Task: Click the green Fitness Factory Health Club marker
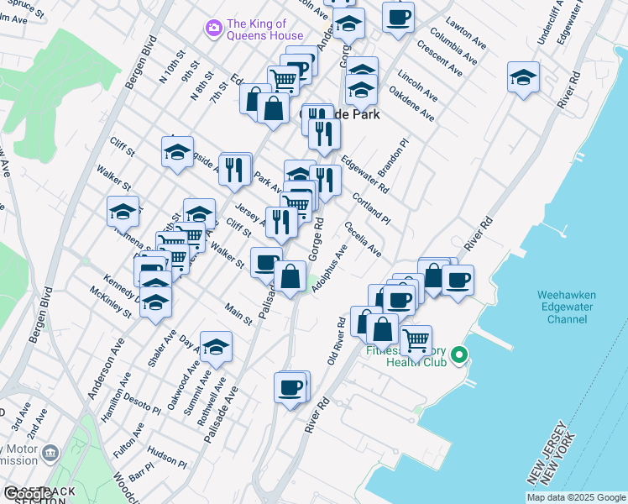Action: (458, 355)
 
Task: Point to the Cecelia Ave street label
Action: (363, 239)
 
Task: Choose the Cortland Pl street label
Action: (371, 207)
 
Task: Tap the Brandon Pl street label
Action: (391, 157)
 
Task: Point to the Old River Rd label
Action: (337, 340)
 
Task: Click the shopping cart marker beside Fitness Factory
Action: (416, 339)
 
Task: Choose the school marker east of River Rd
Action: (523, 78)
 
